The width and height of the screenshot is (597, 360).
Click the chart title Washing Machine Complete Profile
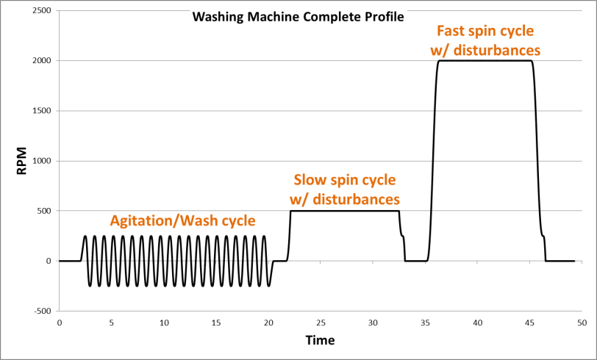(x=298, y=16)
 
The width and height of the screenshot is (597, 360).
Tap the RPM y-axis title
(x=23, y=161)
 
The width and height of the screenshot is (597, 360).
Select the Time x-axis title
(x=320, y=341)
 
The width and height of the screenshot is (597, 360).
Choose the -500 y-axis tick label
(x=40, y=311)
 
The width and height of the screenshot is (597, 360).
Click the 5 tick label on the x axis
(x=111, y=323)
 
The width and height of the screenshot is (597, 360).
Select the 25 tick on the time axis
(x=321, y=323)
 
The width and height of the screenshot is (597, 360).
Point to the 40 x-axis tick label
(x=477, y=323)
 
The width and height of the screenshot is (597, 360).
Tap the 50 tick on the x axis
(x=582, y=323)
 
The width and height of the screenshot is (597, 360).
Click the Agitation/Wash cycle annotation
(x=182, y=220)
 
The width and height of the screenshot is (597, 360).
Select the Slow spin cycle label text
(x=345, y=180)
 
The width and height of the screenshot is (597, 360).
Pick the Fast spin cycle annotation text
(x=485, y=32)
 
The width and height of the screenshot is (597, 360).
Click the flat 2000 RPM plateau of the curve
(x=485, y=61)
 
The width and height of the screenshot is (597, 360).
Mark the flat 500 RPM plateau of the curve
(x=345, y=212)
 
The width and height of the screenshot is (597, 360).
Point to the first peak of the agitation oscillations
(x=85, y=237)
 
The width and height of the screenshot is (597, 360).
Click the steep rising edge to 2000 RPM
(x=432, y=162)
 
